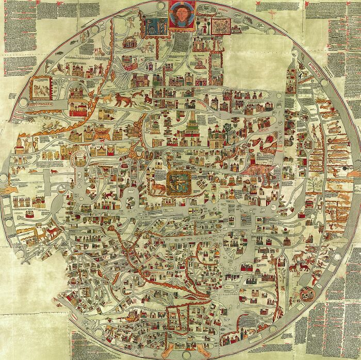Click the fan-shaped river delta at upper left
(124, 72)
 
